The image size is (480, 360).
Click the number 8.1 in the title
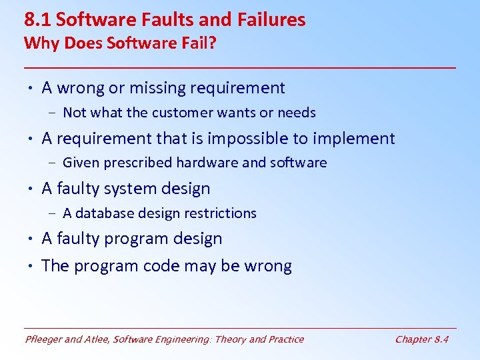tap(37, 20)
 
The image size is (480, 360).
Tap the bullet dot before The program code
tap(31, 266)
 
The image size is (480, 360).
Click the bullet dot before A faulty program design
tap(31, 239)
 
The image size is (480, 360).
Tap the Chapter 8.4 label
tap(421, 339)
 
